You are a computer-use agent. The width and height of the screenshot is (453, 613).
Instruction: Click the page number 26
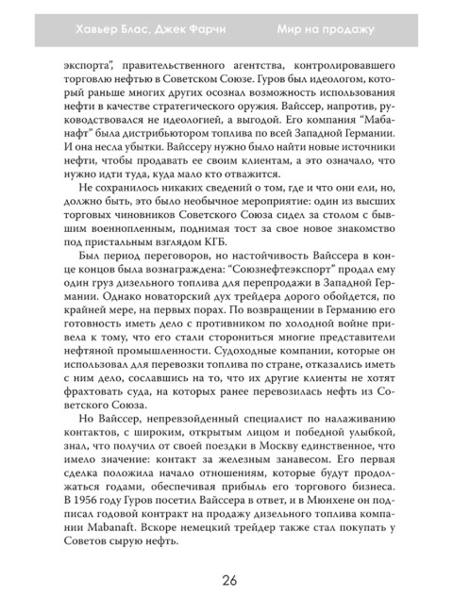(x=226, y=577)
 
